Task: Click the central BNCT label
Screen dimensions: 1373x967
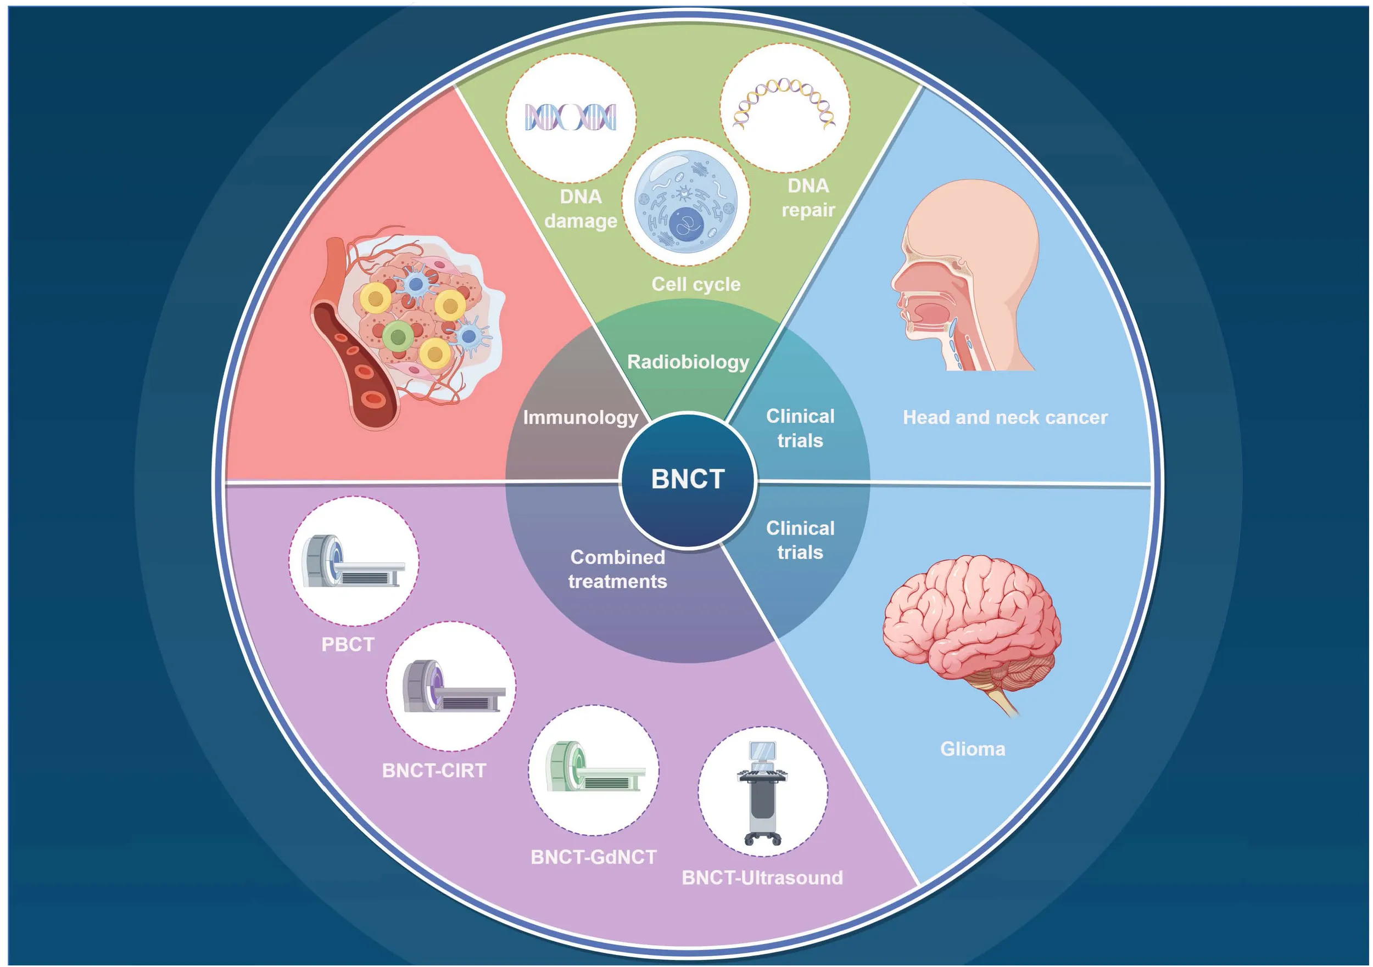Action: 688,479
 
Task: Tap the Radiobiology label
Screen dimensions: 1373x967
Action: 688,362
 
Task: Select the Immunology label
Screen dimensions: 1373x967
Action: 580,417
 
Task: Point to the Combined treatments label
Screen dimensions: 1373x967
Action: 618,569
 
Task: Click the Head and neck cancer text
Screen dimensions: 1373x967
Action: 1005,417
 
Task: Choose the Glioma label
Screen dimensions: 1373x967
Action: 973,749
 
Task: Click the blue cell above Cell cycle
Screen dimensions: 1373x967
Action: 686,201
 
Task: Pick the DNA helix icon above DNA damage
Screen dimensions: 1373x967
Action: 571,117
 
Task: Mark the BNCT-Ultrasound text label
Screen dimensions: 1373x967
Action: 762,878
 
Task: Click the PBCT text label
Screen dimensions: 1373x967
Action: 348,644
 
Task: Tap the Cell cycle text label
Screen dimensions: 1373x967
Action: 696,284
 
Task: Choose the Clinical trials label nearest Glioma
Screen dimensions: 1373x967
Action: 800,540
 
